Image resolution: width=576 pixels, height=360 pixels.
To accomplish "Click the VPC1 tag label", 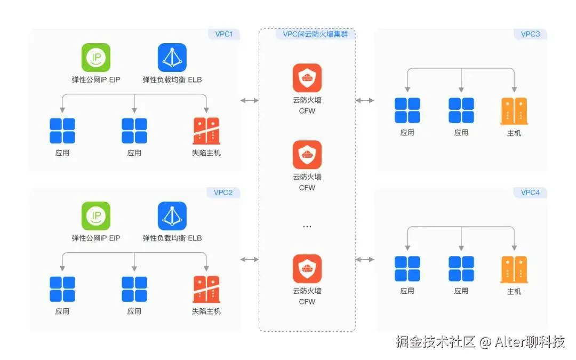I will point(223,35).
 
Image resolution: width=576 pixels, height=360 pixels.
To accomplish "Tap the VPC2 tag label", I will point(223,193).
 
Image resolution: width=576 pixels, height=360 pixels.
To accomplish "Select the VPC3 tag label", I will point(530,35).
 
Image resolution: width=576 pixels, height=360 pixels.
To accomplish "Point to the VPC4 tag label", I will point(530,193).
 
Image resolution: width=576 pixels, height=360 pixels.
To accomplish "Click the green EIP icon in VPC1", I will point(96,58).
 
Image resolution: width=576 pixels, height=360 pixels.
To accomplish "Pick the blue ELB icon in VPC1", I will point(172,58).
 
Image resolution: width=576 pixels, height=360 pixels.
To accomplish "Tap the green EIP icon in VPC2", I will point(96,216).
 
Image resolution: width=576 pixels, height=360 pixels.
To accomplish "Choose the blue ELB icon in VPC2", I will point(172,216).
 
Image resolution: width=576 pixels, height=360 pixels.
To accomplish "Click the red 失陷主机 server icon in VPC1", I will point(206,131).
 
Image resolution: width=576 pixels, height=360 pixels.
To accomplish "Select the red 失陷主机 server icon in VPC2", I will point(206,289).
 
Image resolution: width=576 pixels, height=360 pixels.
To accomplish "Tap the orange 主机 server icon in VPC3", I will point(514,111).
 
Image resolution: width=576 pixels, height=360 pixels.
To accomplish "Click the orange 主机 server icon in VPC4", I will point(514,269).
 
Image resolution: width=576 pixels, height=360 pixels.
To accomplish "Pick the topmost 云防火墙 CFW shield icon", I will point(307,78).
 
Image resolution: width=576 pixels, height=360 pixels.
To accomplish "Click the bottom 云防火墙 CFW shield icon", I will point(307,269).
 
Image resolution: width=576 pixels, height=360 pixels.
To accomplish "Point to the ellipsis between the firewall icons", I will point(307,227).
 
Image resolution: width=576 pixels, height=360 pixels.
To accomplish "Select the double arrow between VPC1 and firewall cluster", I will point(250,100).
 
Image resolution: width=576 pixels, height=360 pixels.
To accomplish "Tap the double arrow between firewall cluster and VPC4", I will point(365,259).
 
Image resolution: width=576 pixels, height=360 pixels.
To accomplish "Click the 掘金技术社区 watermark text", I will point(435,342).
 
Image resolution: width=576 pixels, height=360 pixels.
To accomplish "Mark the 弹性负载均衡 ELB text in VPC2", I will point(172,238).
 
